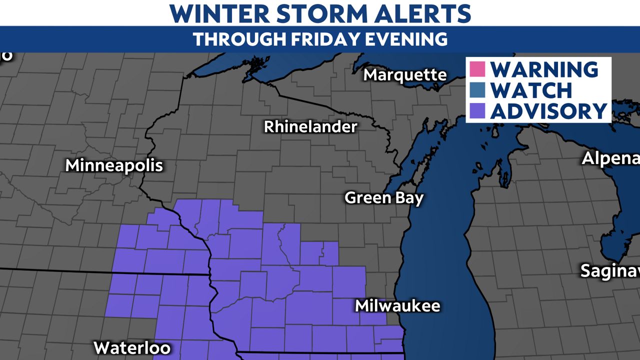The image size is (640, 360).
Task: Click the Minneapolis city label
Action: [x=114, y=165]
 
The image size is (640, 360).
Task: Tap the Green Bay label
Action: [x=384, y=198]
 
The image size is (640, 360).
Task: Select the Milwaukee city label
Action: [x=397, y=305]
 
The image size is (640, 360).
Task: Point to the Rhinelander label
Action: [x=310, y=126]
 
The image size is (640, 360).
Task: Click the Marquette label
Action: [x=405, y=75]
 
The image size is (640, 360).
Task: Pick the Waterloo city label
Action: [x=132, y=347]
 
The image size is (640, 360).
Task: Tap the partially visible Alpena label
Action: [x=610, y=158]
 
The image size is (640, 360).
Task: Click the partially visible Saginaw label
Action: [x=609, y=270]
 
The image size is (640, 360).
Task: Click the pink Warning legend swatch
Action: [x=477, y=68]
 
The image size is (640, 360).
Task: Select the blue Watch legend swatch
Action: [x=477, y=90]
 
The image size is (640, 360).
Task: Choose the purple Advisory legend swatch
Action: [x=477, y=111]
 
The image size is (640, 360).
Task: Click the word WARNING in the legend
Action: [x=544, y=69]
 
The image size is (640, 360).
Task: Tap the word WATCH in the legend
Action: [x=531, y=90]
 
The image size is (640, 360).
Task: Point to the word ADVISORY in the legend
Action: [x=548, y=111]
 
